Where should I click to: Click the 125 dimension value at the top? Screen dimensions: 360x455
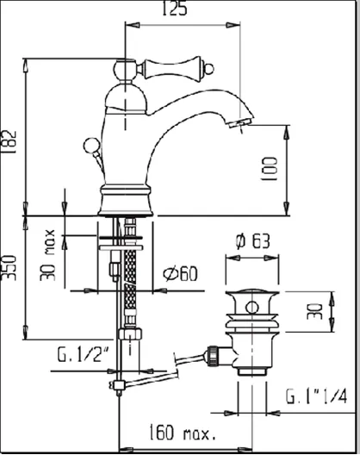174,9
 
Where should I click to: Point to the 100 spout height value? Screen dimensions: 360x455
270,169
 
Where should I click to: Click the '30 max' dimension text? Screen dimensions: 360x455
47,255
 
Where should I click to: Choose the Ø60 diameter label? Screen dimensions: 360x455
180,274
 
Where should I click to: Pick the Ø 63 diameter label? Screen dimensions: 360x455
252,241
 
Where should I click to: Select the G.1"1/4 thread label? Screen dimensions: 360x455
316,396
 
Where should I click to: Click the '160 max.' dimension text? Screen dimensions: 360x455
183,432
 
